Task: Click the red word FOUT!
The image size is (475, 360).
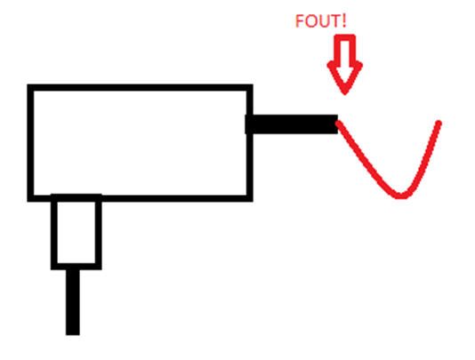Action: coord(321,21)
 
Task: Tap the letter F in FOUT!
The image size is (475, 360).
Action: coord(300,21)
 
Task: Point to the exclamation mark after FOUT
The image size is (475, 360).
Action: coord(344,21)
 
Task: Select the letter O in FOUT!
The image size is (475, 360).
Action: coord(310,21)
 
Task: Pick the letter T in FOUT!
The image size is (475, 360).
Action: coord(335,21)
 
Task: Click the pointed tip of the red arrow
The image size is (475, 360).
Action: coord(345,93)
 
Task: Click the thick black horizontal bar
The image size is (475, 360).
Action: coord(292,124)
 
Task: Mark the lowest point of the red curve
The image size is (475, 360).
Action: coord(400,196)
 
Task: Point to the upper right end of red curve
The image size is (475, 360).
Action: coord(439,123)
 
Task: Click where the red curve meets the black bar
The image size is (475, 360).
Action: coord(338,123)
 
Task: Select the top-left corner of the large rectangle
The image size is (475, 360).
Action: coord(30,87)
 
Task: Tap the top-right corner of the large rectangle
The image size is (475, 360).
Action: coord(250,87)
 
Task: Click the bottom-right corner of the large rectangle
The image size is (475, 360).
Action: coord(250,198)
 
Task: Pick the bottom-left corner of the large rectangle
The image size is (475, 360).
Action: coord(30,198)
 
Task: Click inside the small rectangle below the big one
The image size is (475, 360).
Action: coord(76,232)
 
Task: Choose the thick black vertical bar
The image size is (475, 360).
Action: coord(73,302)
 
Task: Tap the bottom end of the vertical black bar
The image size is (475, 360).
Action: coord(73,335)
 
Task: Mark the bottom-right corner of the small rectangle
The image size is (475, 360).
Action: coord(99,267)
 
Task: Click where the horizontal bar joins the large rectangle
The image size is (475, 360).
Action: coord(249,124)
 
